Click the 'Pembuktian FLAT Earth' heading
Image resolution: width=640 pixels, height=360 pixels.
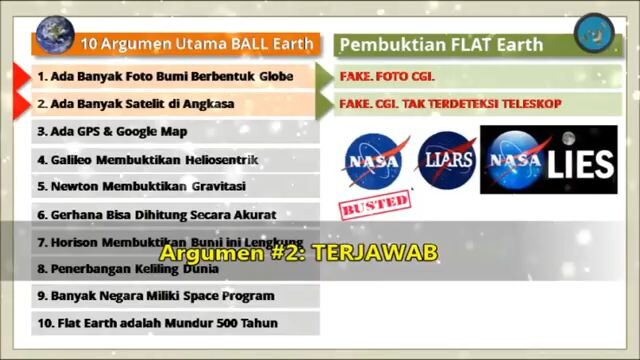[440, 44]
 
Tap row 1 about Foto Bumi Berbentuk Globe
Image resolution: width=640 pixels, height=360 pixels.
[165, 76]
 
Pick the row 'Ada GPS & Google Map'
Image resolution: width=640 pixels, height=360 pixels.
[112, 131]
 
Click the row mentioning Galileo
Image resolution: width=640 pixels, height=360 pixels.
[148, 159]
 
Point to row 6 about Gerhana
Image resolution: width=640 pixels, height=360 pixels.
[156, 214]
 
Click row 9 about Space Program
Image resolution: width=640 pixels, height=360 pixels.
[155, 296]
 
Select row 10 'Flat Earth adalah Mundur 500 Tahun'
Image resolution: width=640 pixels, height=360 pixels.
[158, 323]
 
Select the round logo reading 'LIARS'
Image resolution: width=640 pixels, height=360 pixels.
[445, 160]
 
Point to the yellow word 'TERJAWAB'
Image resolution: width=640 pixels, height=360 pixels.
[375, 252]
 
